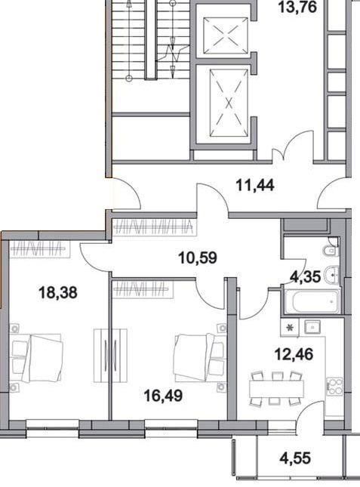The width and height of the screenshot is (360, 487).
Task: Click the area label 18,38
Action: point(57,292)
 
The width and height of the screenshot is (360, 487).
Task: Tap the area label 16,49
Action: point(164,396)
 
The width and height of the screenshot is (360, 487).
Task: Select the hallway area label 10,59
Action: point(198,257)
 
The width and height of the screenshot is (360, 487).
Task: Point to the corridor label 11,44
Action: point(255,186)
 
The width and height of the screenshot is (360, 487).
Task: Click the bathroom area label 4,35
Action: point(305,276)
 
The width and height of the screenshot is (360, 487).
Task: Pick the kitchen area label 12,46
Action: point(294,354)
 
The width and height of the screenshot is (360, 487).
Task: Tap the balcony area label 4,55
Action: point(295,458)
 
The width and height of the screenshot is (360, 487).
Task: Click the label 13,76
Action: point(297,7)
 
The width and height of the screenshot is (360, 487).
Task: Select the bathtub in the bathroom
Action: point(312,301)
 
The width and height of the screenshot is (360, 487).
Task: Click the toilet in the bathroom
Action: point(330,251)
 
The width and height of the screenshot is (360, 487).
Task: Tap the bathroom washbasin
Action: point(331,275)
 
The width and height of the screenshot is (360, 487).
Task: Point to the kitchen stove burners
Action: point(334,387)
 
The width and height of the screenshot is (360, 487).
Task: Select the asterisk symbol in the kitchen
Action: point(290,328)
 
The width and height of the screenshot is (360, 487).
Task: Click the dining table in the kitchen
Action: point(276,389)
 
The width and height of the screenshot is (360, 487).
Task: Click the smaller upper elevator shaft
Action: point(226,35)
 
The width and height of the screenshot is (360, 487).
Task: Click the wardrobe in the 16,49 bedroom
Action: point(143,290)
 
